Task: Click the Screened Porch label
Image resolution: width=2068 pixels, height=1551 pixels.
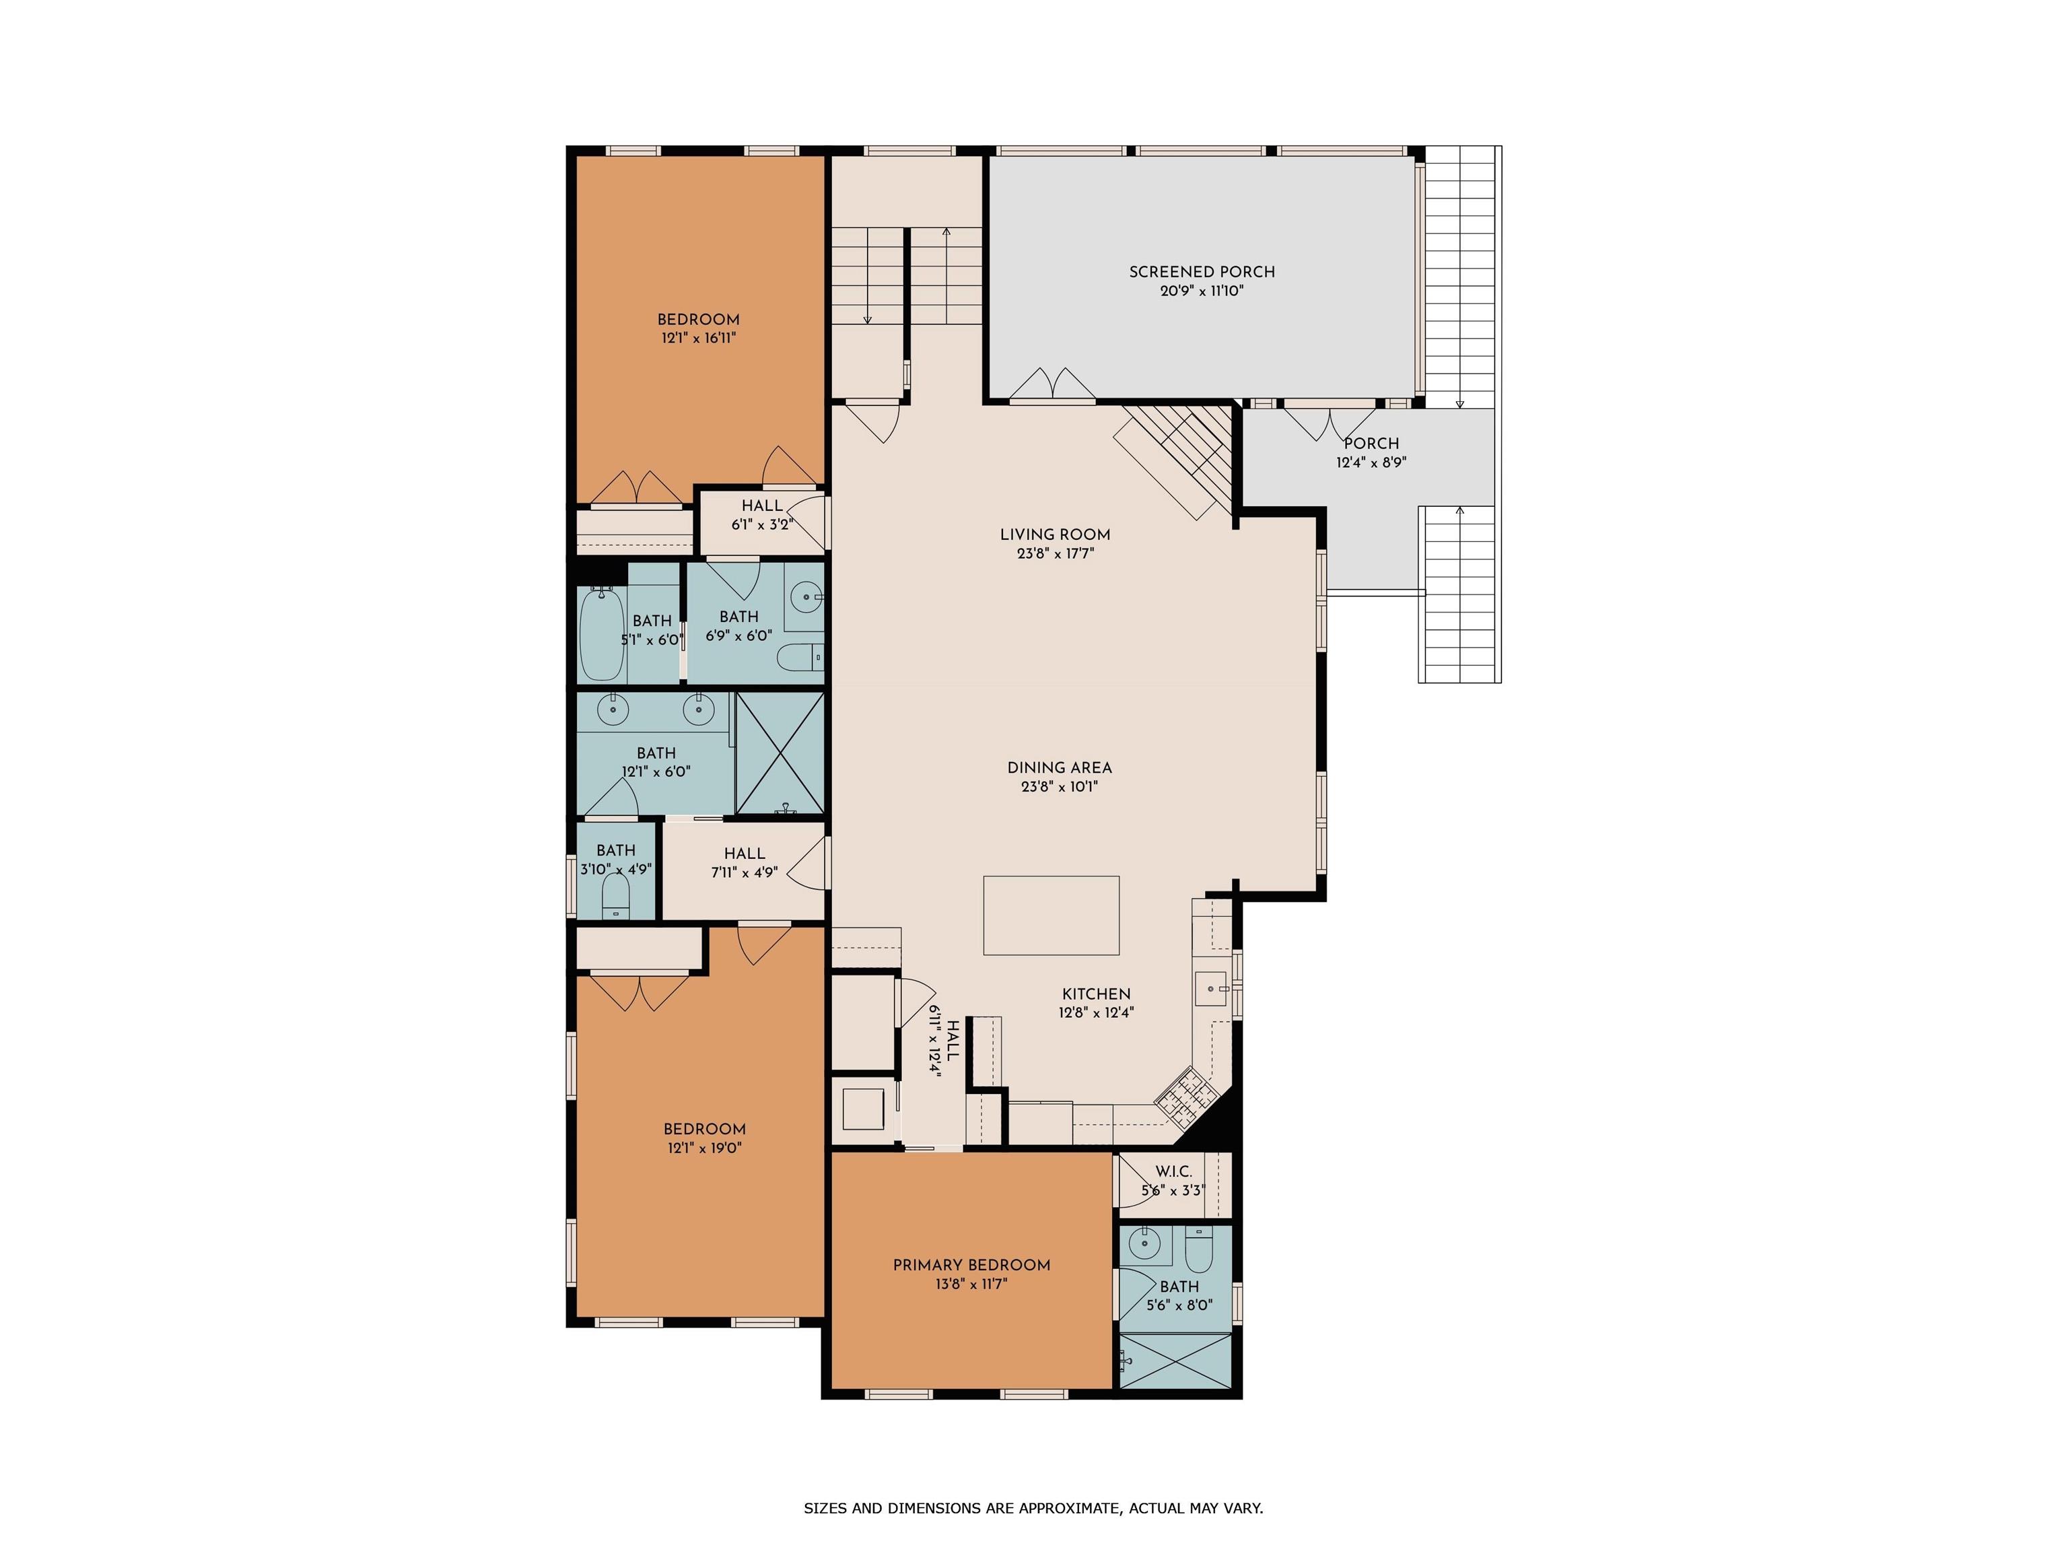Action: tap(1202, 272)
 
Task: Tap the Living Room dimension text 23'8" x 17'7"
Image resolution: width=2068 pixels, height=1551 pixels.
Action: tap(1056, 553)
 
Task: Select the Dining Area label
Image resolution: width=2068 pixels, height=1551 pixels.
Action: tap(1059, 767)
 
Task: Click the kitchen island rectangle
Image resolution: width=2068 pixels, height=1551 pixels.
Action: tap(1052, 916)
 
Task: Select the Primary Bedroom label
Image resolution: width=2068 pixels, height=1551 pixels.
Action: tap(971, 1265)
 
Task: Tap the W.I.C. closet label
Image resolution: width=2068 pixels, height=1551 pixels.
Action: tap(1173, 1171)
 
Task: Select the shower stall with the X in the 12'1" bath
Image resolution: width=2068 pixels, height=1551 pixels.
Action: tap(781, 753)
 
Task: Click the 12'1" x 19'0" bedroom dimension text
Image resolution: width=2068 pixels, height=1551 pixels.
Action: tap(705, 1148)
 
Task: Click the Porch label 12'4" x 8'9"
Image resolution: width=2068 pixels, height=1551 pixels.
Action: tap(1371, 452)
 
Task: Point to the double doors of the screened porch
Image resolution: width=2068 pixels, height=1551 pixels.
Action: tap(1053, 385)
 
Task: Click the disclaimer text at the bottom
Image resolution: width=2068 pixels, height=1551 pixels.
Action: tap(1033, 1508)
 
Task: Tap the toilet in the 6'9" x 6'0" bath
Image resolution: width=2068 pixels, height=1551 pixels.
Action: tap(801, 657)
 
